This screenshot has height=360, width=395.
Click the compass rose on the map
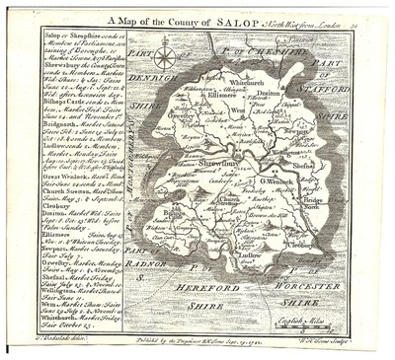(165, 56)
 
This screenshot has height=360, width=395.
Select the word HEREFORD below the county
(205, 284)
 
